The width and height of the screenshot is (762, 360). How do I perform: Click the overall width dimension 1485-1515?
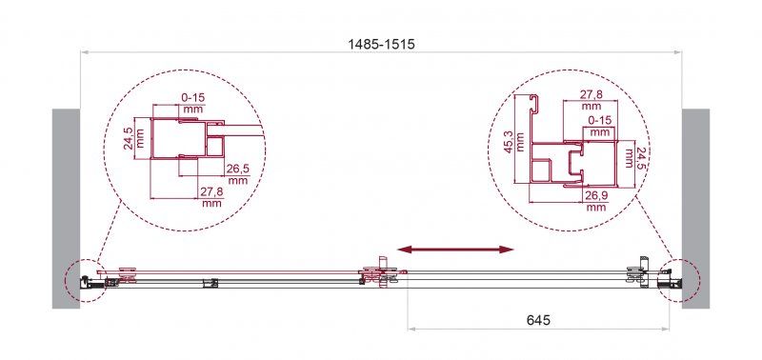(x=381, y=44)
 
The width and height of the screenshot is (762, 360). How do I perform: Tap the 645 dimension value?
(x=537, y=320)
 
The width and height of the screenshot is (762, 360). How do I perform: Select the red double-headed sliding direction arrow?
(x=455, y=250)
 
